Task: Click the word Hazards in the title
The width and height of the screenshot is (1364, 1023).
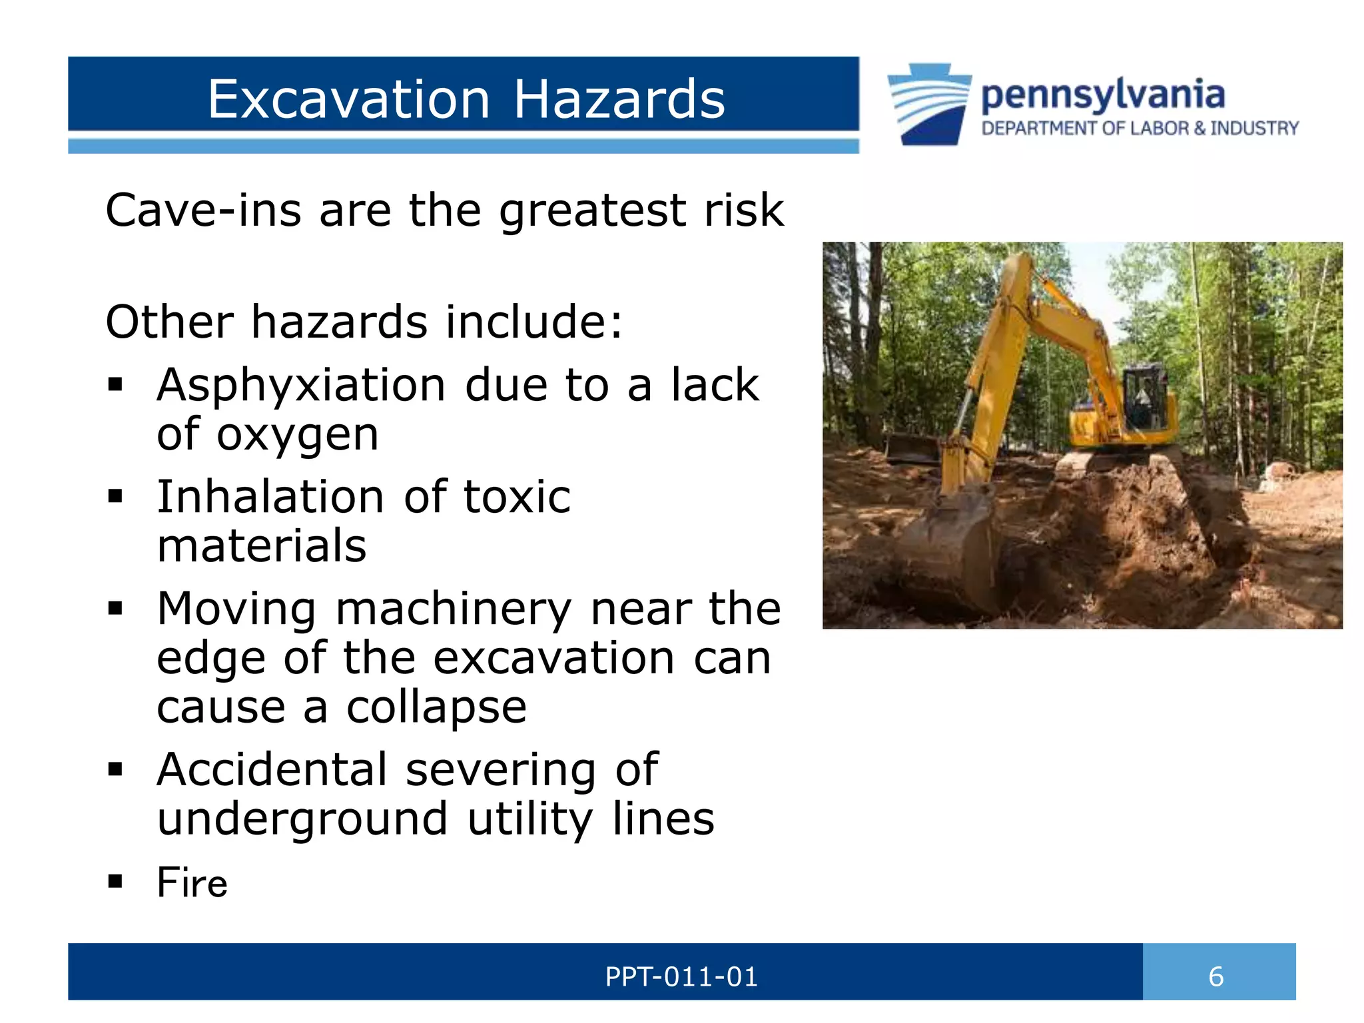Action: [x=619, y=99]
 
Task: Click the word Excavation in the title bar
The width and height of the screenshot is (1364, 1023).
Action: [x=349, y=99]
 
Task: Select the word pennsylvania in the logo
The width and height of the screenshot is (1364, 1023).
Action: [x=1103, y=95]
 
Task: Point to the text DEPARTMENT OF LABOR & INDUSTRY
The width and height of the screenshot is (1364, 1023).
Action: [x=1140, y=129]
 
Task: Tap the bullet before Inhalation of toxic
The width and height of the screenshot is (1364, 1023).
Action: [x=116, y=496]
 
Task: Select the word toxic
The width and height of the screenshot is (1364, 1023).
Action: [x=517, y=498]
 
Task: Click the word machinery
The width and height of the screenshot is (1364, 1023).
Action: [x=454, y=610]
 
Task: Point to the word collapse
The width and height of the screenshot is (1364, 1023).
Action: [x=436, y=707]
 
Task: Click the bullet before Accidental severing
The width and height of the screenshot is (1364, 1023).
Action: [x=116, y=770]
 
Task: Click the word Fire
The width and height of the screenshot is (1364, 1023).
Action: [x=192, y=883]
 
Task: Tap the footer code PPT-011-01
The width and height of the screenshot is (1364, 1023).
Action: [x=681, y=977]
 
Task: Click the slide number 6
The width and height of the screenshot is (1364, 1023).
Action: [x=1216, y=977]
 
